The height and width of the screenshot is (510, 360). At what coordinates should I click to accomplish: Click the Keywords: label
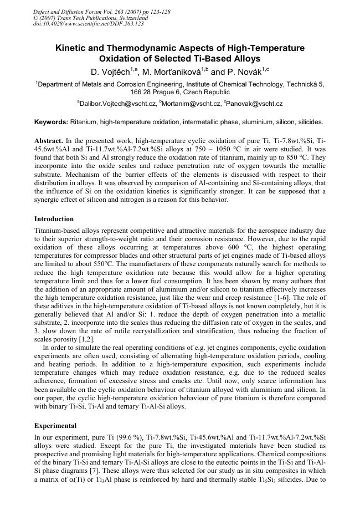click(52, 122)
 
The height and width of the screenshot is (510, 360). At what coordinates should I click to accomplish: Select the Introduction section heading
click(54, 219)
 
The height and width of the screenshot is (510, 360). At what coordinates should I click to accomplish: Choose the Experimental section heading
click(55, 426)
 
